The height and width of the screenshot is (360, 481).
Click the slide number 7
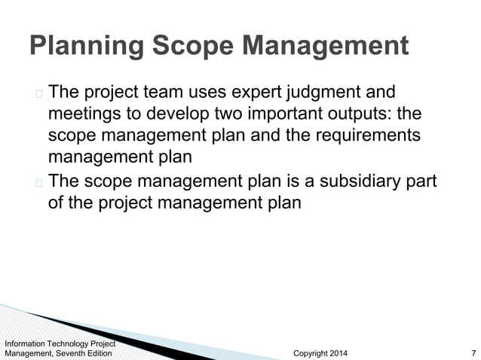click(472, 353)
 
